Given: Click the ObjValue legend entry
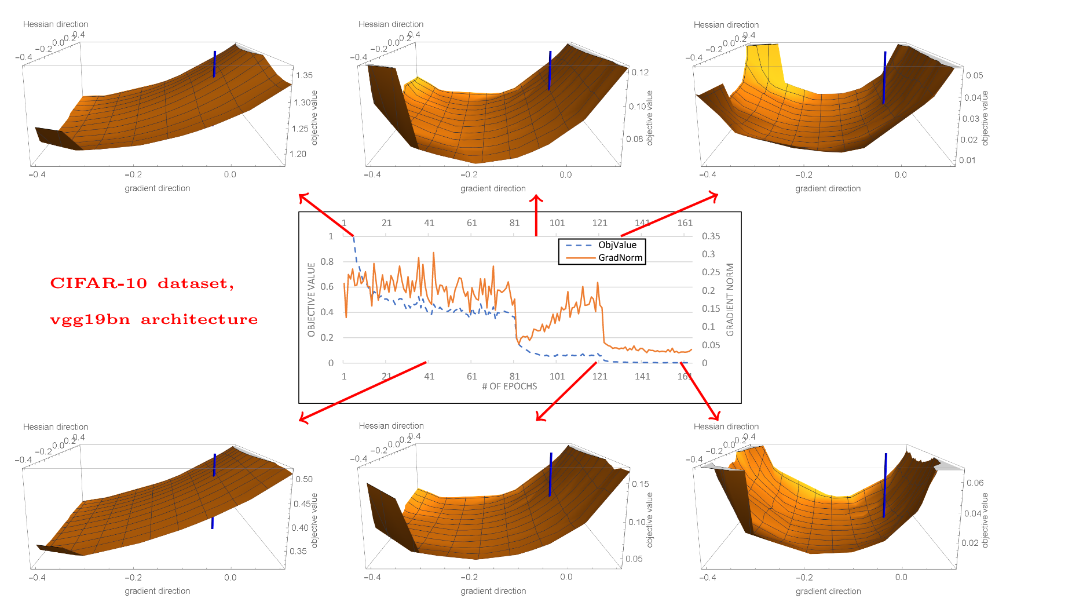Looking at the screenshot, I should coord(617,245).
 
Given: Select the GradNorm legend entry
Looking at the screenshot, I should coord(620,258).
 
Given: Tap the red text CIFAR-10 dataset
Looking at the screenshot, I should coord(142,283).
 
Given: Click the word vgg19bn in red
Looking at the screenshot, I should coord(90,320).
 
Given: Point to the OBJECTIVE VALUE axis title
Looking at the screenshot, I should coord(312,300).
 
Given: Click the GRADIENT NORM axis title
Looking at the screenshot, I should coord(730,300).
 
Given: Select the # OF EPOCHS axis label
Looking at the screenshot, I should coord(510,386).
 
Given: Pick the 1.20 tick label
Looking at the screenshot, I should coord(298,154).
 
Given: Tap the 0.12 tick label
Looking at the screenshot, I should coord(640,72).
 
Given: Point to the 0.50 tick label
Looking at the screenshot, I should coord(304,479).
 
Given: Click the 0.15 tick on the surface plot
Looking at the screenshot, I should coord(641,484).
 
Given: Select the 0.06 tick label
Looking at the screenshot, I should coord(975,483).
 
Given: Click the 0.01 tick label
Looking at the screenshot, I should coord(967,160).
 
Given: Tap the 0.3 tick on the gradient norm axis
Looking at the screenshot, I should coord(708,254).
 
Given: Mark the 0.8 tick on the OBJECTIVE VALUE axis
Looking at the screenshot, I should coord(327,261).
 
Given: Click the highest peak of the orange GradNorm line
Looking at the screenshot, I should coord(434,253).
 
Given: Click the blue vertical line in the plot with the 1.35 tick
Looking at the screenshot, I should coord(214,64).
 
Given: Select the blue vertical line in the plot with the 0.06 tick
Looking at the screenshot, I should coord(885,486).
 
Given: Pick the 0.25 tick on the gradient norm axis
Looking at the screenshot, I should coord(711,272).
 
